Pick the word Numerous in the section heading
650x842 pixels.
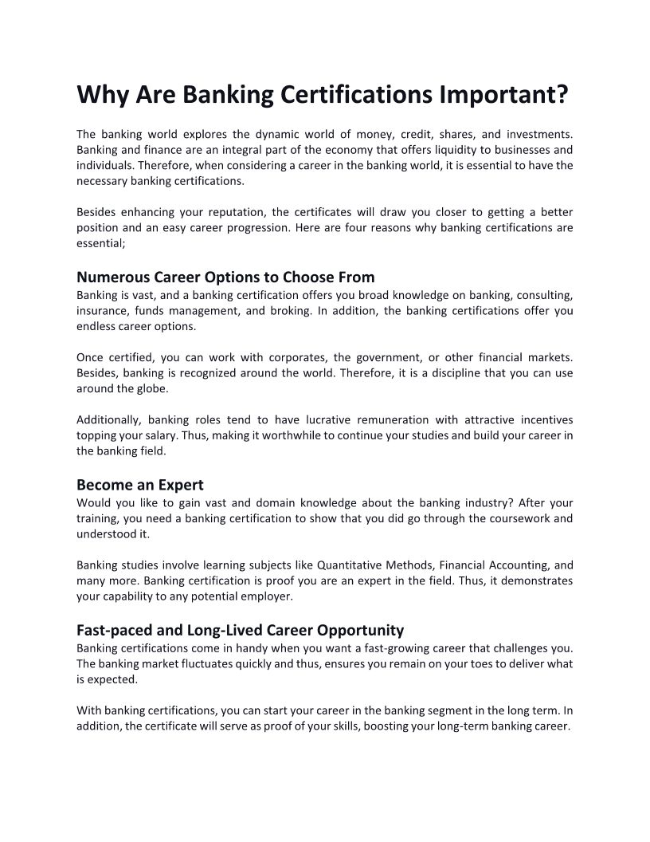click(x=111, y=277)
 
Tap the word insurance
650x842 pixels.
click(x=100, y=310)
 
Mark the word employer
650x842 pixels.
click(x=269, y=596)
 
